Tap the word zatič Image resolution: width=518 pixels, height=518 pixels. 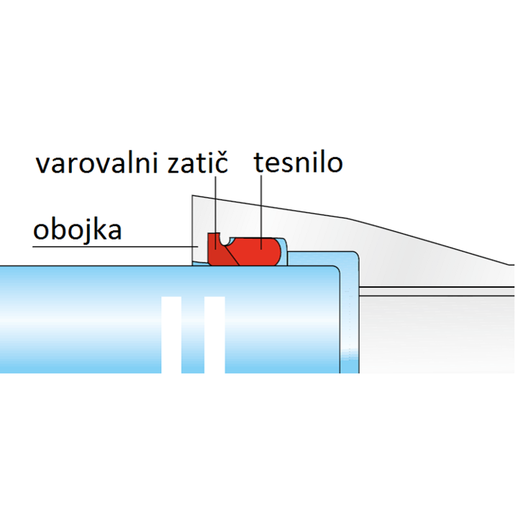pos(198,162)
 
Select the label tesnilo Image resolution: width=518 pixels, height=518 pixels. pos(298,162)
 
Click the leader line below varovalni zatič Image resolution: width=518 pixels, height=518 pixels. pos(215,212)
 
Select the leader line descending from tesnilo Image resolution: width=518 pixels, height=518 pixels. pos(261,212)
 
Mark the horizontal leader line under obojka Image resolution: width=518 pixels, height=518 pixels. pos(115,247)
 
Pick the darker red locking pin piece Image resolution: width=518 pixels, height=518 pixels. pos(217,252)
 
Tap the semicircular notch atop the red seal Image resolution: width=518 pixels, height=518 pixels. pos(226,241)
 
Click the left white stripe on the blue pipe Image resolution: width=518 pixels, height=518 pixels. pos(171,335)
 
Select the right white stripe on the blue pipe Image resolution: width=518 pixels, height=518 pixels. pos(214,335)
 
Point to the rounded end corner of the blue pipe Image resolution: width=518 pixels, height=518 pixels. pos(336,269)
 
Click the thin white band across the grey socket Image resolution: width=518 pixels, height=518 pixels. pos(437,291)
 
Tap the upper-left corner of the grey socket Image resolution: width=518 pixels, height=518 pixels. pos(192,195)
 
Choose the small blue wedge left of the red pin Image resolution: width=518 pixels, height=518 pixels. pos(200,263)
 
